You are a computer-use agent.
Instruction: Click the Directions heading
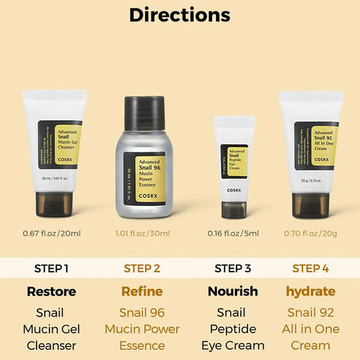pyautogui.click(x=179, y=15)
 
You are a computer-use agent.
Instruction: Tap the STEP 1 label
pyautogui.click(x=51, y=268)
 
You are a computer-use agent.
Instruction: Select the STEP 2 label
pyautogui.click(x=142, y=268)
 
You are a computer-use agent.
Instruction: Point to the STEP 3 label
pyautogui.click(x=233, y=268)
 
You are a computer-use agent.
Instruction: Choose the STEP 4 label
pyautogui.click(x=311, y=268)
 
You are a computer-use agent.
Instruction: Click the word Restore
pyautogui.click(x=51, y=291)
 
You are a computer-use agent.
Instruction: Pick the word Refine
pyautogui.click(x=142, y=291)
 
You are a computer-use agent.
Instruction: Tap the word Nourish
pyautogui.click(x=233, y=291)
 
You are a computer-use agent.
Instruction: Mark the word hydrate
pyautogui.click(x=311, y=291)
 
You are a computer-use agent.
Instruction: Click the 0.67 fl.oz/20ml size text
pyautogui.click(x=52, y=233)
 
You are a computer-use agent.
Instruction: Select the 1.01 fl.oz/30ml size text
pyautogui.click(x=142, y=233)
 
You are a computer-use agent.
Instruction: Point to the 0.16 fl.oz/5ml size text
pyautogui.click(x=233, y=233)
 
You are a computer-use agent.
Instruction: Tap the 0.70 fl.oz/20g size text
pyautogui.click(x=311, y=233)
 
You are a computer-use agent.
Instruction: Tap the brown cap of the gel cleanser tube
pyautogui.click(x=55, y=204)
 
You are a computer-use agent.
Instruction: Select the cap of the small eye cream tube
pyautogui.click(x=233, y=208)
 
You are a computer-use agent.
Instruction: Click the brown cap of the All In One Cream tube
pyautogui.click(x=311, y=204)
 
